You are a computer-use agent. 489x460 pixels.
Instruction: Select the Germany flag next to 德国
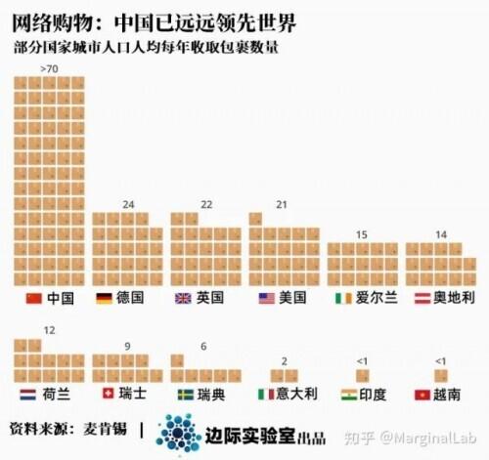coord(103,297)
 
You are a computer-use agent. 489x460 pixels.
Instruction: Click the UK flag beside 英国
coord(183,297)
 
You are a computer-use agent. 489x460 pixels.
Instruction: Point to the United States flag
coord(265,297)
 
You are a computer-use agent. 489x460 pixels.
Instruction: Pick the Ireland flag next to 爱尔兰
coord(343,297)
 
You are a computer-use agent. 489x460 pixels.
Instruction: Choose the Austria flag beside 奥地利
coord(421,297)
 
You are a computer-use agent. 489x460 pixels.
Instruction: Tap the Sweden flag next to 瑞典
coord(186,395)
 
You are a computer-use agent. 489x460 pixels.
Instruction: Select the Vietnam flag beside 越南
coord(422,395)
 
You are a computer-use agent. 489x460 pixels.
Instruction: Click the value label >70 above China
coord(50,68)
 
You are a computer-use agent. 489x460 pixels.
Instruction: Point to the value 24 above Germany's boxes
coord(127,204)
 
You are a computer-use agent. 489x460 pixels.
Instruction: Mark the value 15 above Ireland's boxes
coord(362,234)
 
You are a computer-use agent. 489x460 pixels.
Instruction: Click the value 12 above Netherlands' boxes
coord(49,331)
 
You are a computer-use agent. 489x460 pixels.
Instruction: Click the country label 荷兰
coord(58,395)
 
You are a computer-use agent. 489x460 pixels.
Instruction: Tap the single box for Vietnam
coord(441,375)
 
